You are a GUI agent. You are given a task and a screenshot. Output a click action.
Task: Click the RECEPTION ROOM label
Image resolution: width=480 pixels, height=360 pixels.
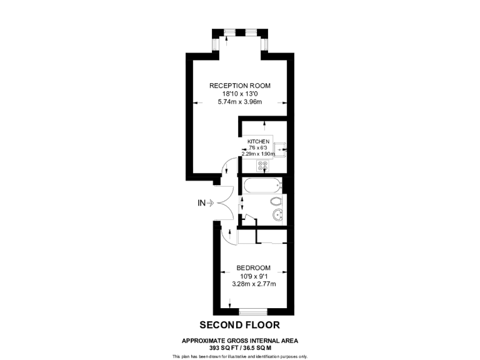pyautogui.click(x=240, y=86)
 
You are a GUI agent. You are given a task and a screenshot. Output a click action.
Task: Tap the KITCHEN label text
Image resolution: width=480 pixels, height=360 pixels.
pyautogui.click(x=258, y=142)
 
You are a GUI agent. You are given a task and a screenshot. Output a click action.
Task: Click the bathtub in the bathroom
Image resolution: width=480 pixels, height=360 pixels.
pyautogui.click(x=261, y=186)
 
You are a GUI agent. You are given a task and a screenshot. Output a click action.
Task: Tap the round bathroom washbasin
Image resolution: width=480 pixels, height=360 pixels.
pyautogui.click(x=277, y=216)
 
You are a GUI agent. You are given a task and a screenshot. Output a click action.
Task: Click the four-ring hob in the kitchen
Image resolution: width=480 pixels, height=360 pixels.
pyautogui.click(x=262, y=166)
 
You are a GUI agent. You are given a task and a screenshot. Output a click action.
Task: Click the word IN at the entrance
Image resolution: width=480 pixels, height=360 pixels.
pyautogui.click(x=201, y=202)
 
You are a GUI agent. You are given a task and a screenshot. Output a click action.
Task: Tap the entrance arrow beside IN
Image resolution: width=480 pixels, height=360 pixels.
pyautogui.click(x=211, y=202)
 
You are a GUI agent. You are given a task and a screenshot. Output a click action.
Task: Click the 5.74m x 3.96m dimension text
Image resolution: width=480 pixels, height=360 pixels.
pyautogui.click(x=240, y=102)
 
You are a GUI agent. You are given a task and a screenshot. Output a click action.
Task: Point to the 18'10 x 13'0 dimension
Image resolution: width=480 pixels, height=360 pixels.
pyautogui.click(x=240, y=94)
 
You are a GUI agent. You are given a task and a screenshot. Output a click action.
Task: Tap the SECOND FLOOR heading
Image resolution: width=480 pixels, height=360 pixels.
pyautogui.click(x=239, y=325)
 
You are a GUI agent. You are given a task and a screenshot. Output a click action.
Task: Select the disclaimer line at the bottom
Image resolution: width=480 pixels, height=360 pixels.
pyautogui.click(x=239, y=356)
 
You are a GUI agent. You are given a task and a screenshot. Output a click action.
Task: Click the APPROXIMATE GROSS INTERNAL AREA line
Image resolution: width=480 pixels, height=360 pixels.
pyautogui.click(x=239, y=341)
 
